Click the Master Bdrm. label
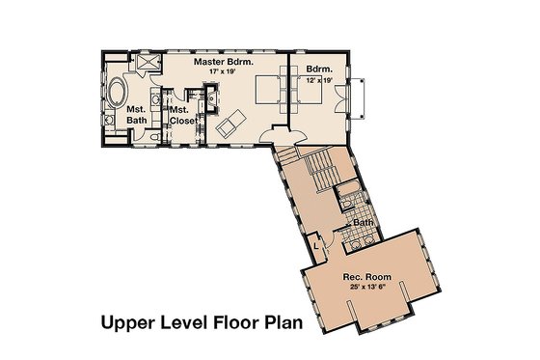pyautogui.click(x=223, y=62)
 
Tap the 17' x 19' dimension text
pyautogui.click(x=223, y=72)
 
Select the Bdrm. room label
pyautogui.click(x=320, y=69)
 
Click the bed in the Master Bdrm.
pyautogui.click(x=267, y=93)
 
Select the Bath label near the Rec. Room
pyautogui.click(x=363, y=223)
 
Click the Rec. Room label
pyautogui.click(x=364, y=278)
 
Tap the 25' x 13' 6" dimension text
pyautogui.click(x=364, y=289)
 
